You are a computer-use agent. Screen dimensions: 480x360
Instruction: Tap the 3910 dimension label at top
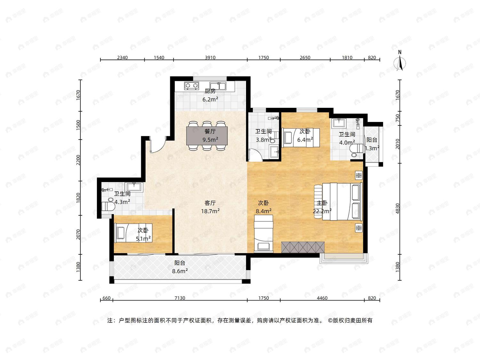pyautogui.click(x=210, y=58)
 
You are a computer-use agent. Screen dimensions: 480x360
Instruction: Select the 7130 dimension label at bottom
pyautogui.click(x=180, y=298)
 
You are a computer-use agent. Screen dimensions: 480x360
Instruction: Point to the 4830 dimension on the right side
pyautogui.click(x=398, y=209)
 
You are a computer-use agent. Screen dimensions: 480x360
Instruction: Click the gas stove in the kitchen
pyautogui.click(x=192, y=85)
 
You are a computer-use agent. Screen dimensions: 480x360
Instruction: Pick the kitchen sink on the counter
pyautogui.click(x=218, y=86)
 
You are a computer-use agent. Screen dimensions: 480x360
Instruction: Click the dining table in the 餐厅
pyautogui.click(x=207, y=136)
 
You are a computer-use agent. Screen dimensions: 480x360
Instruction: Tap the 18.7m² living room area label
pyautogui.click(x=210, y=211)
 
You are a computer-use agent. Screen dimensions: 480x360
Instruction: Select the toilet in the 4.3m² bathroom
pyautogui.click(x=108, y=205)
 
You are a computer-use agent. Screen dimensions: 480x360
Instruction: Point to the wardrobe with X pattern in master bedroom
pyautogui.click(x=303, y=247)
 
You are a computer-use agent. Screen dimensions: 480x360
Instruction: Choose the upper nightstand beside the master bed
pyautogui.click(x=359, y=175)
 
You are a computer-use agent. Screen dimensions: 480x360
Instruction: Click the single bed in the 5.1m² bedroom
pyautogui.click(x=133, y=233)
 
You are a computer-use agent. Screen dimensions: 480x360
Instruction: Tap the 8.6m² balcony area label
pyautogui.click(x=180, y=271)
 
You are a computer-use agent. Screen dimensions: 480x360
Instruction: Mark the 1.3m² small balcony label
pyautogui.click(x=372, y=148)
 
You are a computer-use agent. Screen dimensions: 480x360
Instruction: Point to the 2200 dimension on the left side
pyautogui.click(x=78, y=160)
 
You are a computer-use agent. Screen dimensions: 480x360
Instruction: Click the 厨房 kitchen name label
pyautogui.click(x=210, y=91)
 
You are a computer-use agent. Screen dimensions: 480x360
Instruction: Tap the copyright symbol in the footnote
pyautogui.click(x=330, y=320)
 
